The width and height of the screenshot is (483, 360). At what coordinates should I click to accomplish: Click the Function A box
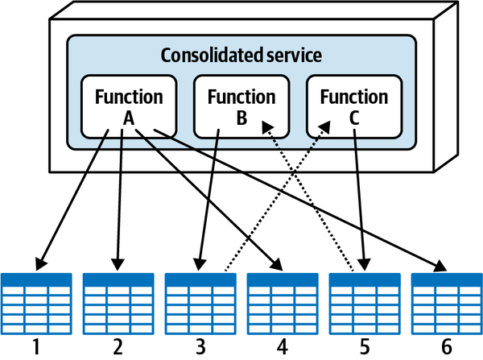coord(129,106)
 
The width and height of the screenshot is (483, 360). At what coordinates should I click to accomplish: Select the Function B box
coord(242,106)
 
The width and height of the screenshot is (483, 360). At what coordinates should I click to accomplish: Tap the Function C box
coord(354,106)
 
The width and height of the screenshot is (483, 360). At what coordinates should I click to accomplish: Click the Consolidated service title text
coord(242,56)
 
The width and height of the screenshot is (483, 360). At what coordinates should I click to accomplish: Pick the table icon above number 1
coord(36,300)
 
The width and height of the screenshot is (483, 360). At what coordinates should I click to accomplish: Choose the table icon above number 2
coord(118,300)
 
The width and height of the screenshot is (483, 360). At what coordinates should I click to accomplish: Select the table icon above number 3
coord(200,300)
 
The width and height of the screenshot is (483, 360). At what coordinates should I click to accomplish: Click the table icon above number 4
coord(283,300)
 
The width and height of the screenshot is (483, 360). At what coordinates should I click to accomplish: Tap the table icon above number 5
coord(365,300)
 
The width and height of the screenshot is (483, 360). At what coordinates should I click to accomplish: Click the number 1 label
coord(36,347)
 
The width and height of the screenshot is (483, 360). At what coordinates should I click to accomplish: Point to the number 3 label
coord(200,347)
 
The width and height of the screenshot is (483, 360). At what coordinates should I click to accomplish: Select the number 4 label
coord(283,347)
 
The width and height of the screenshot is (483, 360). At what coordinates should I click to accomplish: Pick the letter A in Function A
coord(129,117)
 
